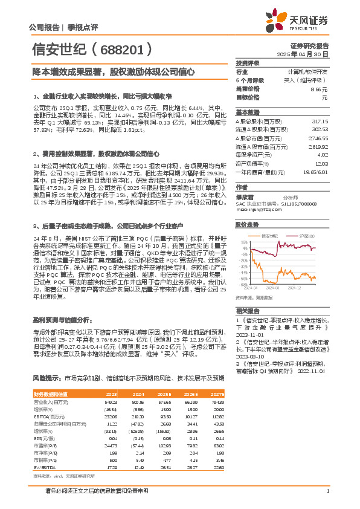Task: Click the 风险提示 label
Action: click(x=47, y=378)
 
